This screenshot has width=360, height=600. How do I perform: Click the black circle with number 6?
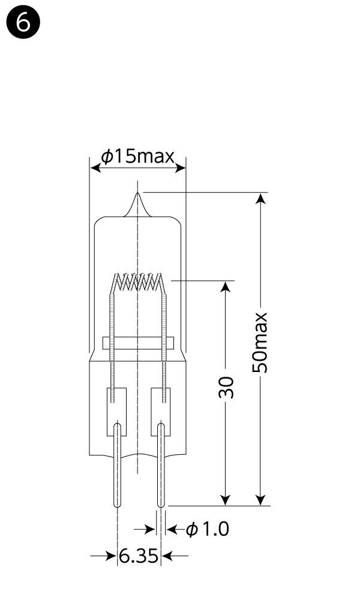pyautogui.click(x=23, y=22)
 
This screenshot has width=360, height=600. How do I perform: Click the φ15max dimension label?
pyautogui.click(x=138, y=156)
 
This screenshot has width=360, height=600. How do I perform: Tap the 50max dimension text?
pyautogui.click(x=260, y=343)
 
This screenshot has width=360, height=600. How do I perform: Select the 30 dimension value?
pyautogui.click(x=226, y=387)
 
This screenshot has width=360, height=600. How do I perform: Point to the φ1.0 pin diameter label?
pyautogui.click(x=208, y=529)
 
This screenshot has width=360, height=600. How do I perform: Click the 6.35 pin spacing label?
pyautogui.click(x=139, y=556)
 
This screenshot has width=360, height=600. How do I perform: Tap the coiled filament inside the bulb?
pyautogui.click(x=138, y=283)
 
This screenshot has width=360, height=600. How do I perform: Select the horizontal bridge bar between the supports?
pyautogui.click(x=138, y=343)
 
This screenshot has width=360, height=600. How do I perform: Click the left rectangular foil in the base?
pyautogui.click(x=116, y=412)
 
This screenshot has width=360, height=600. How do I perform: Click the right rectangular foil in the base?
pyautogui.click(x=161, y=412)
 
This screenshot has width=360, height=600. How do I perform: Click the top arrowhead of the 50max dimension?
pyautogui.click(x=260, y=198)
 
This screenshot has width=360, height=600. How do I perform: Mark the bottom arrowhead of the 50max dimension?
pyautogui.click(x=260, y=500)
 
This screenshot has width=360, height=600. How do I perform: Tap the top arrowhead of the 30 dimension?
pyautogui.click(x=226, y=286)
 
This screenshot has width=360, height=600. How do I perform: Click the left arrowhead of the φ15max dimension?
pyautogui.click(x=95, y=168)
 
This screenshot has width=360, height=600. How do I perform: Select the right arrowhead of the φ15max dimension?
pyautogui.click(x=181, y=168)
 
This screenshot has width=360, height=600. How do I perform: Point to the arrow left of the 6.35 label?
pyautogui.click(x=103, y=556)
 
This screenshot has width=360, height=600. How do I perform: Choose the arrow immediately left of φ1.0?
pyautogui.click(x=145, y=530)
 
